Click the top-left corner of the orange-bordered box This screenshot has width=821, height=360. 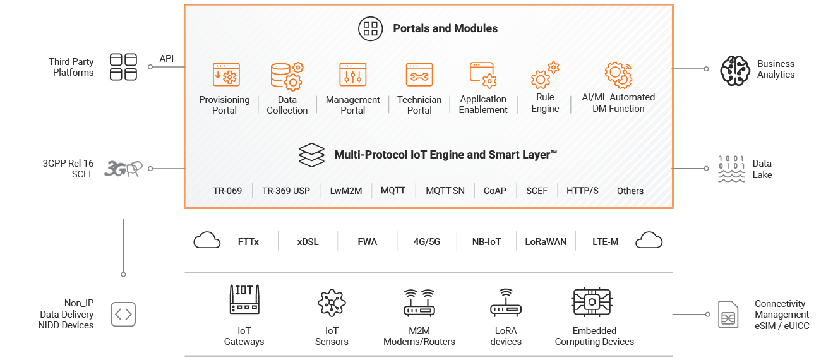tap(185, 5)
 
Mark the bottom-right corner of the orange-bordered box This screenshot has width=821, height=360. tap(673, 208)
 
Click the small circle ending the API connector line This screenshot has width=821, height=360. tap(150, 67)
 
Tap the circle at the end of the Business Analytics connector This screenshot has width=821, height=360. tap(706, 69)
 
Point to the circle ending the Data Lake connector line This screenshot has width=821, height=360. tap(706, 169)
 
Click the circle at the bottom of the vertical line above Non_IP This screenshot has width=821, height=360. tap(124, 275)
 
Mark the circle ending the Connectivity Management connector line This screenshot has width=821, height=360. tap(707, 315)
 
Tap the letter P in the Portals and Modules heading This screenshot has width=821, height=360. tap(397, 28)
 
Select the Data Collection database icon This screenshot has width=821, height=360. tap(287, 76)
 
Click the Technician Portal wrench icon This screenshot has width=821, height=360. tap(419, 75)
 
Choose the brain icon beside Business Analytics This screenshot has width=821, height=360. tap(735, 71)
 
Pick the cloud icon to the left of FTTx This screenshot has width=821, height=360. tap(207, 241)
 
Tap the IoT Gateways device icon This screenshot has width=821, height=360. tap(244, 299)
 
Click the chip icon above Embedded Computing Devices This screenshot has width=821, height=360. tap(592, 302)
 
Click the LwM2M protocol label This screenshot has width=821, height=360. tap(345, 191)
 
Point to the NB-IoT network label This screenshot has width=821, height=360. tap(486, 242)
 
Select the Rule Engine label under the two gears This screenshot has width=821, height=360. tap(545, 103)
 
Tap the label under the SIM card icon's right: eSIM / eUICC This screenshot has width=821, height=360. tap(782, 326)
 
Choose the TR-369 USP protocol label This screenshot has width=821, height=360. tap(286, 191)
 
